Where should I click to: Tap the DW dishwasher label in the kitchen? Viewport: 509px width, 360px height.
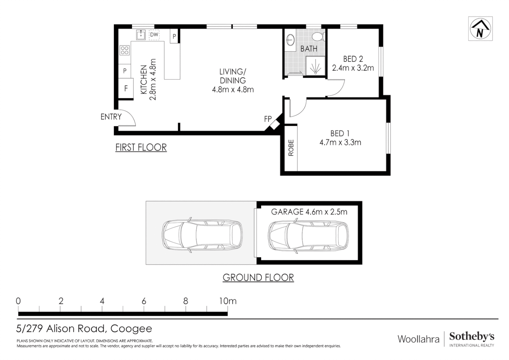click(x=154, y=35)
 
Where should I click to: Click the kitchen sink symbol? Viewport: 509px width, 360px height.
click(x=141, y=35)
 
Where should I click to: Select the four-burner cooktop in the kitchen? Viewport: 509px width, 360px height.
click(x=125, y=50)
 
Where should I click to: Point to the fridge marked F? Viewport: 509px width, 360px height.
click(x=126, y=88)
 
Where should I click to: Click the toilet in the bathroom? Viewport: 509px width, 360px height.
click(x=318, y=36)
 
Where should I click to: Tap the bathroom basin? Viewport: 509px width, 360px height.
click(x=290, y=40)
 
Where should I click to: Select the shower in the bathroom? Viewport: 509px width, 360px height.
click(x=315, y=66)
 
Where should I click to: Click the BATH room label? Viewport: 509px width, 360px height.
click(x=309, y=48)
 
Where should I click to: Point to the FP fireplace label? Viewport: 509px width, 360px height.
click(x=268, y=119)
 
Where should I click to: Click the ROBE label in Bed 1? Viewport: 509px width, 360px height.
click(x=291, y=148)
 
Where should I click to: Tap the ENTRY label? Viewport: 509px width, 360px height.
click(x=111, y=117)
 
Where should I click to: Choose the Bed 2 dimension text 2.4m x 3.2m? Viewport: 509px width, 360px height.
click(x=353, y=68)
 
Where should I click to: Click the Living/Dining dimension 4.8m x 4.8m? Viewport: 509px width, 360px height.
click(x=233, y=90)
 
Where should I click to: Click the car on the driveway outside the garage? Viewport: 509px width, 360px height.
click(x=202, y=235)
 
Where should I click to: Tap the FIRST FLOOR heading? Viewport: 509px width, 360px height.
click(x=141, y=147)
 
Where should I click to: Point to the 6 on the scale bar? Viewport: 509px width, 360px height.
click(x=144, y=301)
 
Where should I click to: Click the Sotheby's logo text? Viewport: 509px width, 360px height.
click(x=472, y=337)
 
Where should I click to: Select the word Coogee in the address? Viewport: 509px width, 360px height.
click(x=131, y=329)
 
